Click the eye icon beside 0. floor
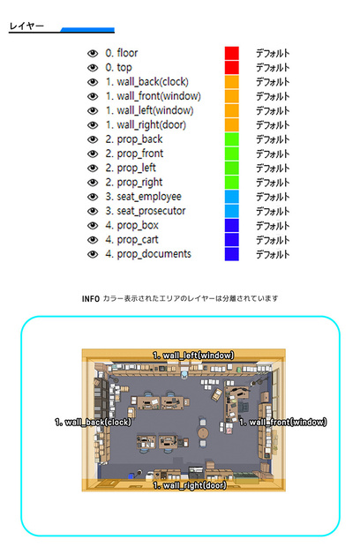93,53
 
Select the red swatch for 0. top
232,67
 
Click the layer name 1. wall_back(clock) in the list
146,82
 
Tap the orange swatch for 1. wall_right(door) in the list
232,125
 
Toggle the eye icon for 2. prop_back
93,139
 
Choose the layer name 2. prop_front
134,154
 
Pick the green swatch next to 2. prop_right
232,183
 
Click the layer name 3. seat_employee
143,197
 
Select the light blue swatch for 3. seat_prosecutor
232,211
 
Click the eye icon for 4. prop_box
93,226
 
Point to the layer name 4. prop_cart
131,240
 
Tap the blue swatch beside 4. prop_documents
232,254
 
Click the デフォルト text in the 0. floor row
273,53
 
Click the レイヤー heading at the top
26,26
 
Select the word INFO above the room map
91,299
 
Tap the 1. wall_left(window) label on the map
193,356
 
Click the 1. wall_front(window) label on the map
283,422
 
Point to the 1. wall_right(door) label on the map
190,485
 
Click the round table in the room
203,433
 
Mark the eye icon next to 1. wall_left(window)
93,110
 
